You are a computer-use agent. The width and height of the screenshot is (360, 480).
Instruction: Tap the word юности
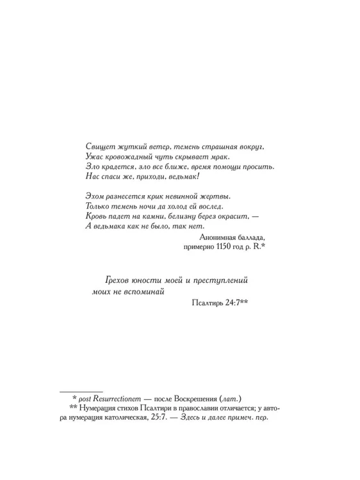pos(153,281)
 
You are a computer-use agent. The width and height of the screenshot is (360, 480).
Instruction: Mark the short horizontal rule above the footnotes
pos(81,389)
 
